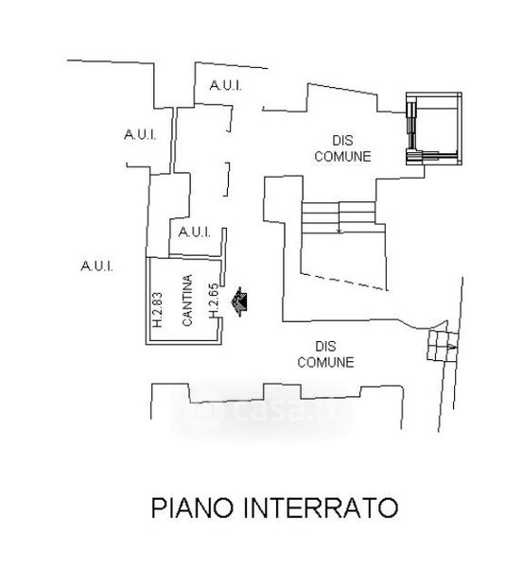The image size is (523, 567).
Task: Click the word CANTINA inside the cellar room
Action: tap(187, 301)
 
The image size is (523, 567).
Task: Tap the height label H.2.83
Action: tap(157, 310)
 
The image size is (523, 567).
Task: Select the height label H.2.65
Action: tap(214, 301)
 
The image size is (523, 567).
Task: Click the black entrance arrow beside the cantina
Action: tap(239, 301)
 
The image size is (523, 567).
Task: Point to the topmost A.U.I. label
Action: tap(225, 86)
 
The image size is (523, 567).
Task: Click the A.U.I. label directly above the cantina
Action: tap(195, 232)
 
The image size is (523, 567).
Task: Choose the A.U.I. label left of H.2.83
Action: tap(96, 266)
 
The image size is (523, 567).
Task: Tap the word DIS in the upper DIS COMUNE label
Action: tap(342, 140)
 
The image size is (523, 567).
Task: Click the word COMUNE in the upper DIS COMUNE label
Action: tap(342, 157)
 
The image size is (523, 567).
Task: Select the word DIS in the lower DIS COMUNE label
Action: tap(325, 347)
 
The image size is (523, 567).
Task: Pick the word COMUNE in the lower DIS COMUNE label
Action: tap(325, 362)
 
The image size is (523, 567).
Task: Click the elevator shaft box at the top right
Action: tap(434, 129)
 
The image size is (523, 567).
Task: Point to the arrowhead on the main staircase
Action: tap(340, 231)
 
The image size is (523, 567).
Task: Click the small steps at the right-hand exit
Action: tap(443, 345)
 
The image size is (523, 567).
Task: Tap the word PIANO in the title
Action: tap(193, 507)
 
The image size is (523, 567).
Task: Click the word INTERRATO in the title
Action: tap(321, 507)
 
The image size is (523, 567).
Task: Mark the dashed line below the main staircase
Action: tap(344, 282)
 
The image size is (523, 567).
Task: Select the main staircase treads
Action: tap(339, 217)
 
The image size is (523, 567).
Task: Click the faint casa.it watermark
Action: tap(261, 412)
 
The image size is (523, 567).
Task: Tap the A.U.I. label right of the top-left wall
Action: tap(140, 135)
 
